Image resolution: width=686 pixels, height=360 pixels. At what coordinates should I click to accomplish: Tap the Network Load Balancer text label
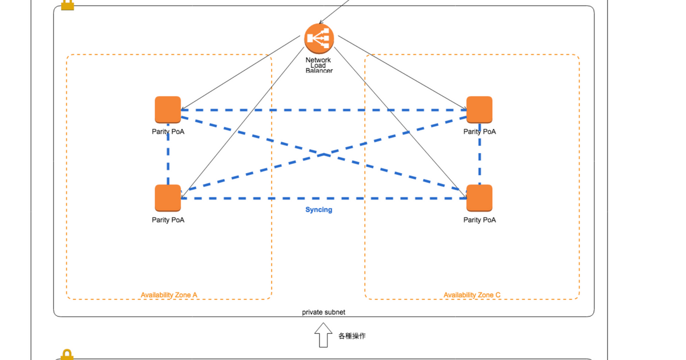pos(318,65)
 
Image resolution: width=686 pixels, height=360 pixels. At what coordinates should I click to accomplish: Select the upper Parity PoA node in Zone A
pos(168,110)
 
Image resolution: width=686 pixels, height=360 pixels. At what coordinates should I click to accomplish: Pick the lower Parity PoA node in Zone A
pos(168,198)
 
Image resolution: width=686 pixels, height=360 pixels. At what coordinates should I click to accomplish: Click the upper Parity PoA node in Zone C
pos(479,110)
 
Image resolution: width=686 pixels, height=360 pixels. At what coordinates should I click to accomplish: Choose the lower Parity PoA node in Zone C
pos(479,198)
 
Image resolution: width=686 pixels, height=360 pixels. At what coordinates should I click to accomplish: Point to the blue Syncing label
pos(318,210)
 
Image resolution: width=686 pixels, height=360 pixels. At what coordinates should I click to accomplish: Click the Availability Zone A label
pos(169,295)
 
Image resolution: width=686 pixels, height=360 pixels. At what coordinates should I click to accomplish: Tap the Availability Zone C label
pos(472,295)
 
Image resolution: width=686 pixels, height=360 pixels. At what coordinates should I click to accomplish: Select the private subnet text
pos(324,313)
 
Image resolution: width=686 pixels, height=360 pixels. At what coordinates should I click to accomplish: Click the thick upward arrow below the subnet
pos(323,335)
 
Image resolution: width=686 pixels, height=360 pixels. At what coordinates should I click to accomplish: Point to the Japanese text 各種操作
pos(352,336)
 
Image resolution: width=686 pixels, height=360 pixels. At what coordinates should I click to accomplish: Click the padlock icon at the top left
pos(67,5)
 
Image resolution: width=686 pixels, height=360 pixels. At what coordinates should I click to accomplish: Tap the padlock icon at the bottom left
pos(67,355)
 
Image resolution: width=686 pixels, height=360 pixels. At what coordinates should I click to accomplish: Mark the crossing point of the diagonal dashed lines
pos(324,154)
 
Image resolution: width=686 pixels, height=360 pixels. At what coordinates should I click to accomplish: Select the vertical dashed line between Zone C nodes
pos(479,154)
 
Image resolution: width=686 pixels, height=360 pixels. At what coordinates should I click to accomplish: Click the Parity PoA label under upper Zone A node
pos(168,132)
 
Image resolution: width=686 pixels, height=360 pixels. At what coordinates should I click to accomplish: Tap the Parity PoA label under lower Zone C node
pos(479,220)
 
